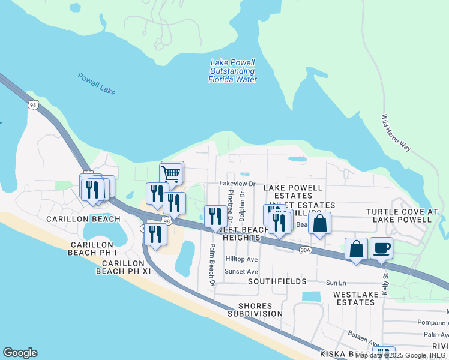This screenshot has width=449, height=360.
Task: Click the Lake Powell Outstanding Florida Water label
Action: (x=233, y=71)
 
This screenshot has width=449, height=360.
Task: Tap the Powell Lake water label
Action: (x=96, y=84)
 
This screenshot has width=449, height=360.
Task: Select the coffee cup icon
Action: (x=381, y=248)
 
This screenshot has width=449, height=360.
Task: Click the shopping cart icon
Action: (x=171, y=175)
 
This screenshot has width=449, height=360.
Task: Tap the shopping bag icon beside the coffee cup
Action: (x=356, y=249)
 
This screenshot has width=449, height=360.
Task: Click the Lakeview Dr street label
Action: (x=238, y=184)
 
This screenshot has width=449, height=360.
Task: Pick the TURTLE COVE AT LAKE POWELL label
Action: (x=402, y=215)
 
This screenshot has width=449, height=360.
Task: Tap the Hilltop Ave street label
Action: (x=241, y=259)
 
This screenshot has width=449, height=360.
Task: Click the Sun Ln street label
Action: (x=336, y=283)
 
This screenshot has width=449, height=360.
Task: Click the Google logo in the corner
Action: (x=20, y=353)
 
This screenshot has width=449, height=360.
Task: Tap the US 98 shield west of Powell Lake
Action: (x=32, y=104)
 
